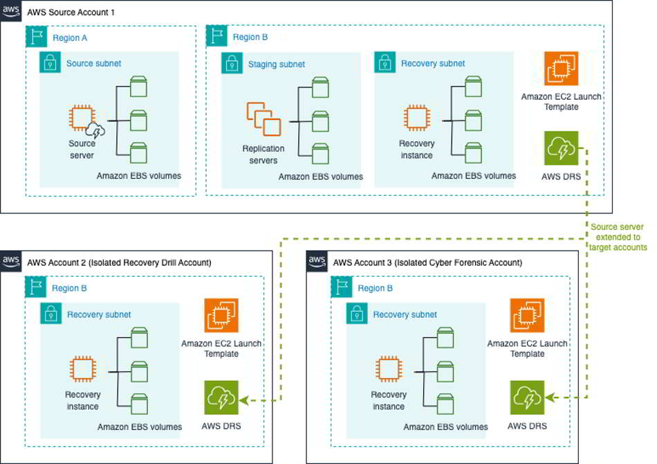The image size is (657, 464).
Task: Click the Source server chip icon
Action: [x=82, y=118]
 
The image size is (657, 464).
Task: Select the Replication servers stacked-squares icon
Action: [x=263, y=119]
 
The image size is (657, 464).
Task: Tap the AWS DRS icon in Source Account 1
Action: [x=561, y=148]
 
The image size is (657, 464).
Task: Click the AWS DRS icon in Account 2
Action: [x=221, y=398]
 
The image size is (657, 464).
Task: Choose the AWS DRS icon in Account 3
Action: [x=527, y=398]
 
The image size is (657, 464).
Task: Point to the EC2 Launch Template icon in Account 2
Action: [x=221, y=315]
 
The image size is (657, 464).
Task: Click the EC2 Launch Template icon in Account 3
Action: [x=527, y=315]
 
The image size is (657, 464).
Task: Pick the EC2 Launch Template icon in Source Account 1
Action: [x=561, y=69]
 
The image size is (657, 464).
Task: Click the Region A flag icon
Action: [x=36, y=37]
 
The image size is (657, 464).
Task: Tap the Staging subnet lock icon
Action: [x=232, y=63]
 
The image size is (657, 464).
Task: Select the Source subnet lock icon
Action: [x=50, y=62]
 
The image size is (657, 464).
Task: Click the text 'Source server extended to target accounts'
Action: [x=618, y=237]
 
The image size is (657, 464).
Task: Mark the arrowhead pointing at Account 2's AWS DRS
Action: [x=244, y=401]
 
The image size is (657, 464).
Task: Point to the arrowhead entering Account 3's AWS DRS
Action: [x=550, y=398]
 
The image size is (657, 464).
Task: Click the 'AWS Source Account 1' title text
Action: [x=71, y=12]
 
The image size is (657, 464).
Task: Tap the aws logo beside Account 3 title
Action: [x=317, y=261]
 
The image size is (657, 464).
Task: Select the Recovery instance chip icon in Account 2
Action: [x=83, y=368]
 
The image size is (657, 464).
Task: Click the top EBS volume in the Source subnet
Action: [x=138, y=87]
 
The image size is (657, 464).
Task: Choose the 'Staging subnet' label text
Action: [x=277, y=64]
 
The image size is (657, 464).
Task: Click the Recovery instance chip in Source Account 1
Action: [x=416, y=118]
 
